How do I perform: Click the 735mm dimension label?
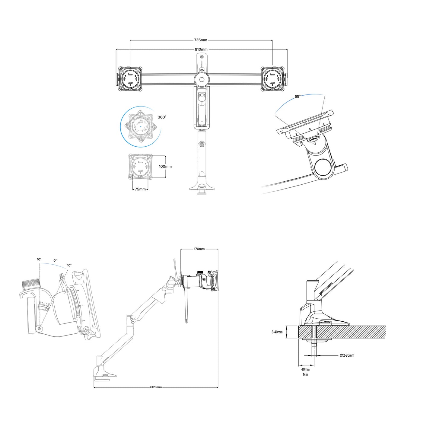(x=200, y=40)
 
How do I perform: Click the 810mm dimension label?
(x=201, y=49)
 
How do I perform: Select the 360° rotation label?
(x=162, y=117)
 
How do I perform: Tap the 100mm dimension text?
(x=165, y=167)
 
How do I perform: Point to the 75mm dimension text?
(x=140, y=189)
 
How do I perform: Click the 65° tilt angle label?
(x=298, y=97)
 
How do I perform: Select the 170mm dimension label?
(x=199, y=249)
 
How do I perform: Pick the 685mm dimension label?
(x=156, y=387)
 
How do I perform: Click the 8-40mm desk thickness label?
(x=277, y=332)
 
